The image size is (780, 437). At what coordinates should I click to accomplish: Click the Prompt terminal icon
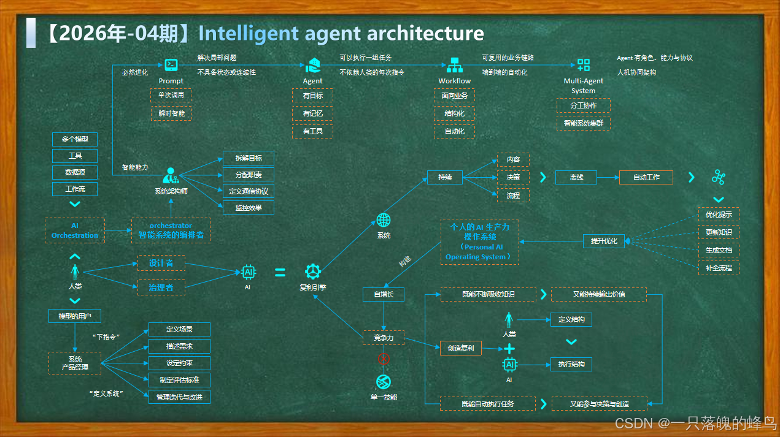[x=171, y=64]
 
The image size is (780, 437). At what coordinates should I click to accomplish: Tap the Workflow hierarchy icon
[x=455, y=64]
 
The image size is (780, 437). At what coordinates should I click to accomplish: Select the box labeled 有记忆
[x=312, y=113]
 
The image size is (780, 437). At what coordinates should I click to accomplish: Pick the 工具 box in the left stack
[x=75, y=156]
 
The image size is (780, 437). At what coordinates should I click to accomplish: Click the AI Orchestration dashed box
[x=75, y=230]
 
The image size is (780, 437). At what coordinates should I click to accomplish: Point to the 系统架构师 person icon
[x=171, y=176]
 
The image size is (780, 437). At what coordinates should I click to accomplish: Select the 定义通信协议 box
[x=248, y=191]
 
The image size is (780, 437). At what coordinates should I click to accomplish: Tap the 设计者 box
[x=161, y=263]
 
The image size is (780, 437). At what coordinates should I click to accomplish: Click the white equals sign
[x=280, y=272]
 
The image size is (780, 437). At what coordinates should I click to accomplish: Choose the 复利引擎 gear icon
[x=313, y=272]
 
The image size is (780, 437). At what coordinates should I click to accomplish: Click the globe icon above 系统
[x=384, y=220]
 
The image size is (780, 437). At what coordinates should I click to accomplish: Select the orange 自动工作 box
[x=646, y=177]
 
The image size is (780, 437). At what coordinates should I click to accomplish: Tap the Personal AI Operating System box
[x=479, y=241]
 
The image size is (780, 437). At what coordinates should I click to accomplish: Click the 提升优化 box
[x=604, y=241]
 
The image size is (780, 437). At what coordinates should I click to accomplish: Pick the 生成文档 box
[x=719, y=250]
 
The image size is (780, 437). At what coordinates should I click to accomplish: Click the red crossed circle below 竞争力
[x=384, y=359]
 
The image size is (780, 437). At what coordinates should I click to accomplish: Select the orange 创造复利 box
[x=461, y=348]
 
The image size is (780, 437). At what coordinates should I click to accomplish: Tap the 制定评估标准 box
[x=179, y=380]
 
